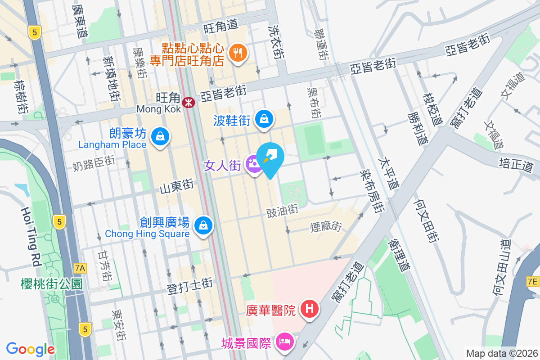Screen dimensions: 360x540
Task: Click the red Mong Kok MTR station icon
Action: pos(188,103)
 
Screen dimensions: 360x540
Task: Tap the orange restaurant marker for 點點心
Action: pos(237,53)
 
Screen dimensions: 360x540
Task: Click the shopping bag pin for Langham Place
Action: pos(159,136)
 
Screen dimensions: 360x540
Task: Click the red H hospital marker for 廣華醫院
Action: pos(310,310)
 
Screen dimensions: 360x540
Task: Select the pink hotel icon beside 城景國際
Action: pos(285,342)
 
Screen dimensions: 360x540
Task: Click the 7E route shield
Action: pos(532,282)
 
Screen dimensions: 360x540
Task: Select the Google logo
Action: pos(31,349)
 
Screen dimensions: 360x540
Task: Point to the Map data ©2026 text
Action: pos(501,353)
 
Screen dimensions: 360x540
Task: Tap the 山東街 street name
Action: pos(176,186)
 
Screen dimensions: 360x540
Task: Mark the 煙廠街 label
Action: pos(326,226)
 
